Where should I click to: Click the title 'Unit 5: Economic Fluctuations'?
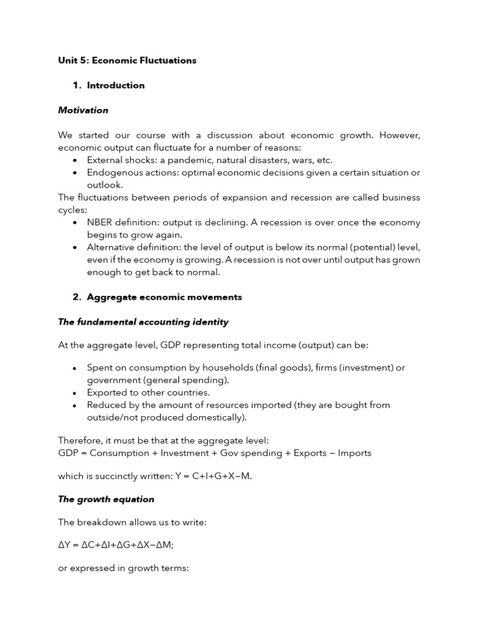pos(127,60)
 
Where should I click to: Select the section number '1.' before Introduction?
pos(77,85)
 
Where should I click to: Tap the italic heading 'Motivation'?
pos(83,110)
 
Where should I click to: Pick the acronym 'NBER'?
pos(100,222)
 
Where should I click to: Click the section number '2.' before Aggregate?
pos(77,297)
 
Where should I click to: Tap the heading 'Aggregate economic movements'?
pos(164,297)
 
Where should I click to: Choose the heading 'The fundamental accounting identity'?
pos(143,322)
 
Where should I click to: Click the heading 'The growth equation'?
pos(106,499)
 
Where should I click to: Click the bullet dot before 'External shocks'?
pos(75,161)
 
